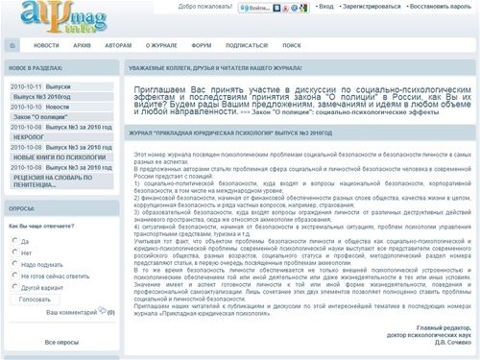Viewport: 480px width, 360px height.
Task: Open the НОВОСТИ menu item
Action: tap(46, 44)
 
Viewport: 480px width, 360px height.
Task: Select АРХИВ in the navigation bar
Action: tap(84, 44)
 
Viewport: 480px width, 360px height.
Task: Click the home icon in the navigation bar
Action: tap(12, 44)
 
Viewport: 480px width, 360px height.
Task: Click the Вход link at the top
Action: tap(326, 7)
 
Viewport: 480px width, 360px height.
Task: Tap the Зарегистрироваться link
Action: tap(373, 7)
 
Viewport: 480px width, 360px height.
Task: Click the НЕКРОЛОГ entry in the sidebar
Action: tap(30, 136)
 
